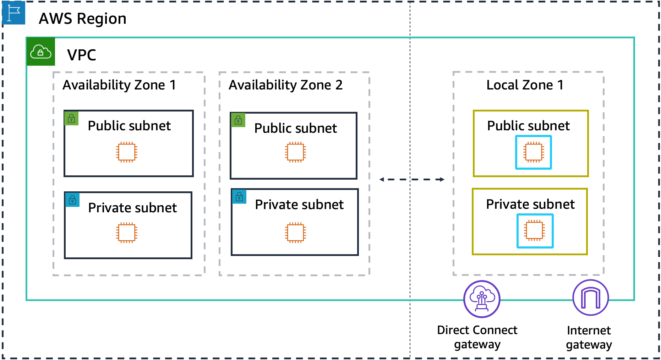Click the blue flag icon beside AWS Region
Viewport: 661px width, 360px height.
pyautogui.click(x=13, y=13)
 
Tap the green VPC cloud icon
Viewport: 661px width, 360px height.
pyautogui.click(x=41, y=52)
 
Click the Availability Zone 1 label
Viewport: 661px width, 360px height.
pyautogui.click(x=119, y=85)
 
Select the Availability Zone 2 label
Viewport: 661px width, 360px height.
pyautogui.click(x=285, y=85)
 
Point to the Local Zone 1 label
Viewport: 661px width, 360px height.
pyautogui.click(x=525, y=85)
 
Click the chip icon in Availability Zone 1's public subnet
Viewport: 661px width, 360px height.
pyautogui.click(x=127, y=152)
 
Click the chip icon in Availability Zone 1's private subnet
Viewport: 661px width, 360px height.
pyautogui.click(x=127, y=233)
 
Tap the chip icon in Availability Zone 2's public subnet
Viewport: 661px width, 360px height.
pyautogui.click(x=295, y=152)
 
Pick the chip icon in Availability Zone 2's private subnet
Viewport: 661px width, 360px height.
pyautogui.click(x=295, y=233)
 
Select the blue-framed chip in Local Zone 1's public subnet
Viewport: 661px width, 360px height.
pyautogui.click(x=534, y=152)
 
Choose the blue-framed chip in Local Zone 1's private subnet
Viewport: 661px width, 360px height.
pyautogui.click(x=535, y=231)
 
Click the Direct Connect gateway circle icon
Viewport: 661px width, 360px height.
pyautogui.click(x=482, y=299)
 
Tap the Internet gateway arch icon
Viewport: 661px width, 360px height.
pyautogui.click(x=590, y=298)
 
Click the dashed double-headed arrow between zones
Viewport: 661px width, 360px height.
pyautogui.click(x=412, y=180)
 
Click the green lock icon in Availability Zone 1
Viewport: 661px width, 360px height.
pyautogui.click(x=71, y=118)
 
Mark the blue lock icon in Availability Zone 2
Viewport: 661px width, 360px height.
pyautogui.click(x=239, y=197)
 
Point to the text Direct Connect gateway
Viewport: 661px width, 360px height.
pyautogui.click(x=477, y=337)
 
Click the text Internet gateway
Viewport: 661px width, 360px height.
pyautogui.click(x=589, y=337)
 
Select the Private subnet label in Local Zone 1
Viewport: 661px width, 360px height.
pyautogui.click(x=530, y=204)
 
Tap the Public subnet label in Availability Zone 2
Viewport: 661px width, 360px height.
pyautogui.click(x=295, y=129)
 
